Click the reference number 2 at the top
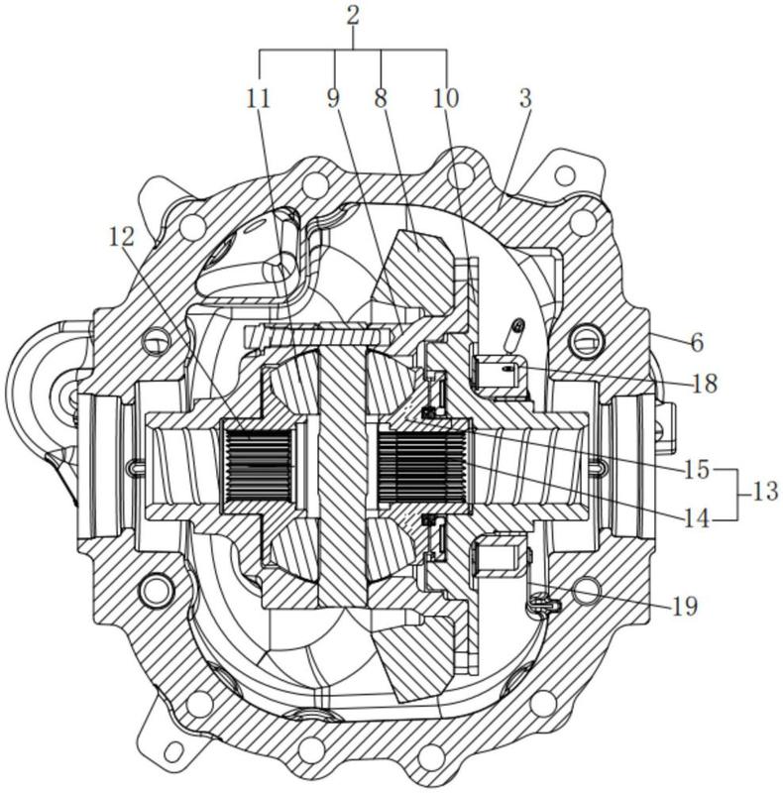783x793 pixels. [353, 15]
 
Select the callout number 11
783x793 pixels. [258, 98]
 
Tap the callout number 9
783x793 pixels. [332, 98]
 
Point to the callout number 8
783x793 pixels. [381, 98]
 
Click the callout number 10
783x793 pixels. [446, 98]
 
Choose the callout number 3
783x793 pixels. [525, 98]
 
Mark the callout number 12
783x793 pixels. [121, 236]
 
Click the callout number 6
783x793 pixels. [697, 343]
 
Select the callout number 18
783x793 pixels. [706, 384]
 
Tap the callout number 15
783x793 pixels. [698, 470]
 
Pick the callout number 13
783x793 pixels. [765, 491]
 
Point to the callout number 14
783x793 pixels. [697, 517]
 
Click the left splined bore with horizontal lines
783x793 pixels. [258, 465]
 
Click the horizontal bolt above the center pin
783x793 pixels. [318, 335]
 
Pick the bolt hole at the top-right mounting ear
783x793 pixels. [565, 175]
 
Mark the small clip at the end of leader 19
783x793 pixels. [543, 605]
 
